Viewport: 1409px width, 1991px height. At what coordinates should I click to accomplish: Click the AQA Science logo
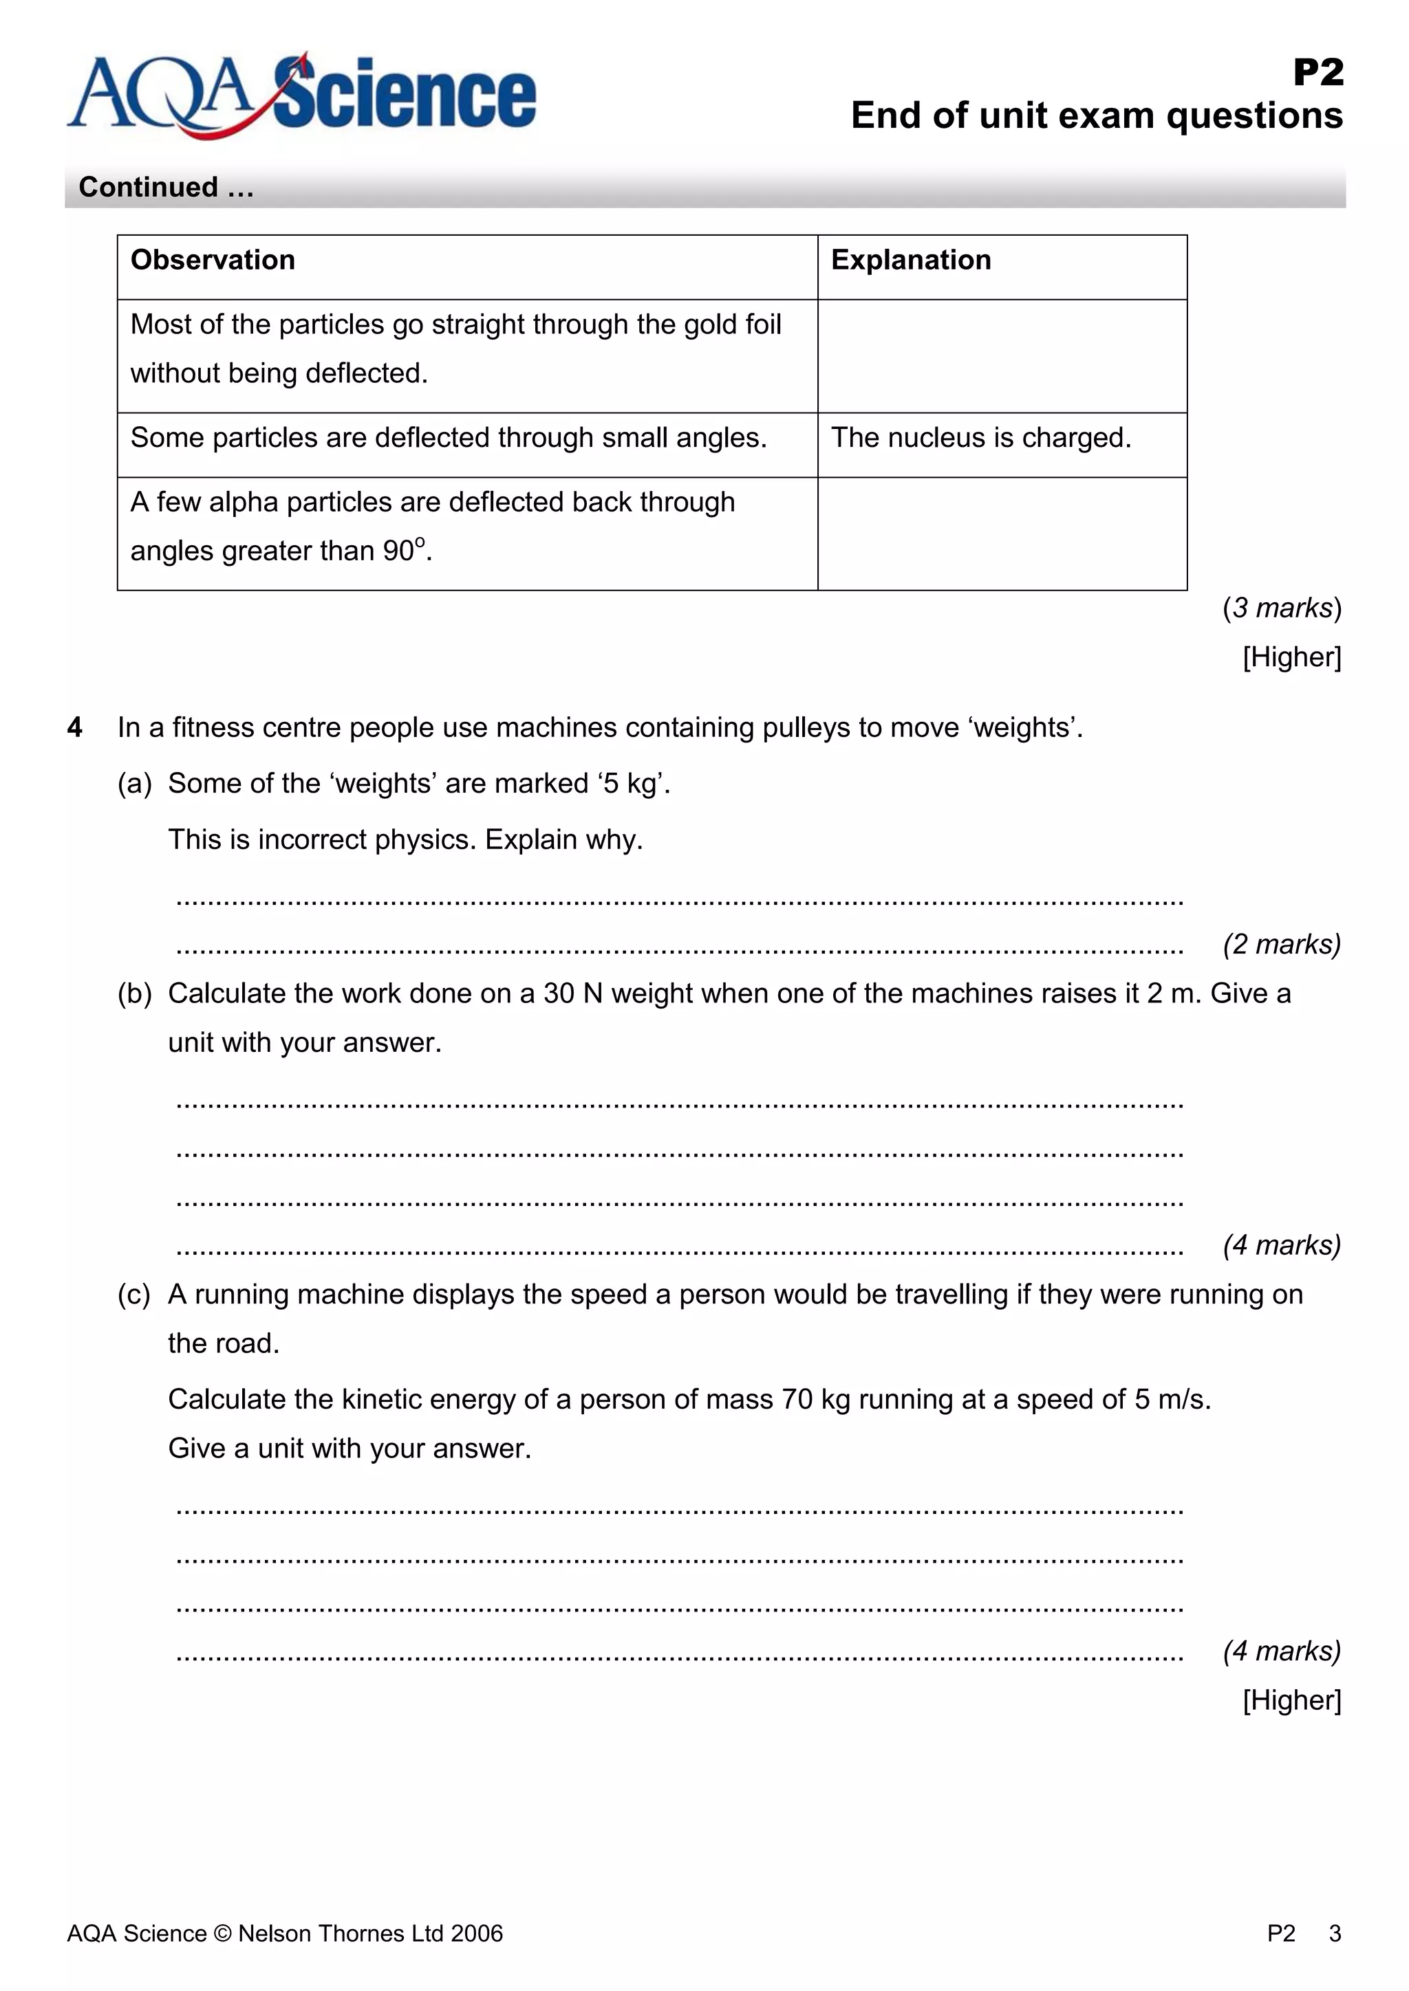[x=301, y=96]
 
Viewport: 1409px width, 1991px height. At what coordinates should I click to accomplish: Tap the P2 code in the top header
[x=1318, y=72]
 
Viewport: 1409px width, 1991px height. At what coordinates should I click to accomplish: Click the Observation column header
[x=213, y=260]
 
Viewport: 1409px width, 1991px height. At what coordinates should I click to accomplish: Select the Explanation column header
[x=911, y=260]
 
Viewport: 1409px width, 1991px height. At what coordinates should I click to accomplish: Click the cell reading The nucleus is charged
[x=981, y=438]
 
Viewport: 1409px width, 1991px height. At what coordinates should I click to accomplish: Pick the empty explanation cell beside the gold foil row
[x=1002, y=355]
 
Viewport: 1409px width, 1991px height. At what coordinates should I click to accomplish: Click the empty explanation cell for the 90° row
[x=1002, y=533]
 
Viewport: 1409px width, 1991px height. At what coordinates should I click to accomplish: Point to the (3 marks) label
[x=1282, y=608]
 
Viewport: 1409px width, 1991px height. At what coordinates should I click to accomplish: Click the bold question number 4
[x=74, y=727]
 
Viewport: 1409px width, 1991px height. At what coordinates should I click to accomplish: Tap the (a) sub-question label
[x=134, y=783]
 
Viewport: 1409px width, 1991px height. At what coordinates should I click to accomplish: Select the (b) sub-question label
[x=134, y=993]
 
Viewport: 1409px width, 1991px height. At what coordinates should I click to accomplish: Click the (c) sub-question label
[x=134, y=1295]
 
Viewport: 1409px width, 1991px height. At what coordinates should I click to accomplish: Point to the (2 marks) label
[x=1282, y=943]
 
